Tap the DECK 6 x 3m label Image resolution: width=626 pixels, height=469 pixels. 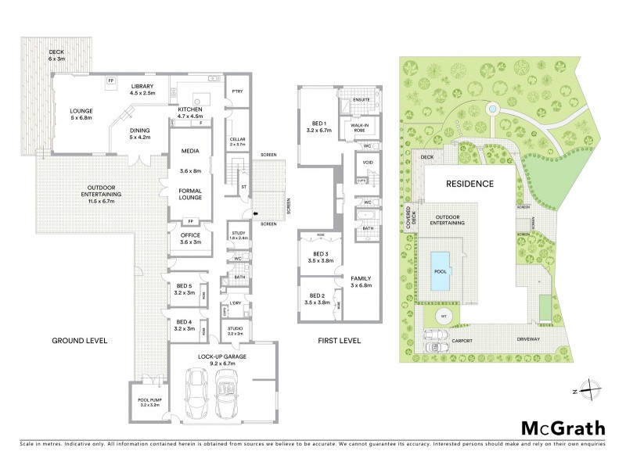point(56,54)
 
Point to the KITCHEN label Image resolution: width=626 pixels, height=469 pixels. point(191,112)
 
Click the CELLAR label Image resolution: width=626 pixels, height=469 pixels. point(238,142)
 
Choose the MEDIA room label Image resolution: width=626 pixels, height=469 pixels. point(190,151)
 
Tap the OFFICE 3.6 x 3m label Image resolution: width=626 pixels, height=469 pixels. point(190,238)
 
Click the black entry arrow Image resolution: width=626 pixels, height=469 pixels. point(254,212)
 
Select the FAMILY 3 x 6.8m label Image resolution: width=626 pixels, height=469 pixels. point(362,281)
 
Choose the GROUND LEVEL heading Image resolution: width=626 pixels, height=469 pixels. point(79,342)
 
